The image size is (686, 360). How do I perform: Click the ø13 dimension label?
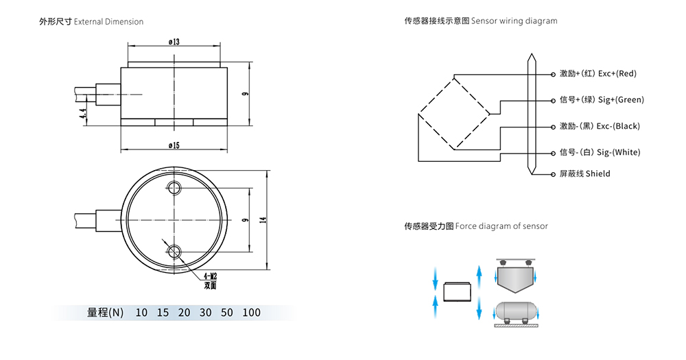[x=174, y=42]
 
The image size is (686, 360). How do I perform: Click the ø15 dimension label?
[x=174, y=145]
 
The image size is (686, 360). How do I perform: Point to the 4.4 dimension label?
[x=83, y=115]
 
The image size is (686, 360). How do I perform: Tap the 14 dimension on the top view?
[x=263, y=219]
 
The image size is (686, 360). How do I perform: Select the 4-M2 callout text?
[x=209, y=276]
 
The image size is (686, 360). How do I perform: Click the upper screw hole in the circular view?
[x=174, y=188]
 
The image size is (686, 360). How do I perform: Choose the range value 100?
[x=251, y=313]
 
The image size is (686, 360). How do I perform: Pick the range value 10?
[x=141, y=313]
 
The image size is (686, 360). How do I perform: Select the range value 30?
[x=205, y=313]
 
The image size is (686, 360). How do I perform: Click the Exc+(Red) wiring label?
[x=598, y=73]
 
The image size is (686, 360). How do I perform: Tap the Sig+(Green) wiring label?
[x=602, y=100]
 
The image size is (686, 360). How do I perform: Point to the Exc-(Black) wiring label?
[x=600, y=126]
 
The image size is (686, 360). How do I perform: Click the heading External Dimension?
[x=91, y=22]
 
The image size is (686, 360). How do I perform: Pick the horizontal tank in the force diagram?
[x=516, y=311]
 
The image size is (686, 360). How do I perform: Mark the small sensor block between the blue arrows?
[x=456, y=291]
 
